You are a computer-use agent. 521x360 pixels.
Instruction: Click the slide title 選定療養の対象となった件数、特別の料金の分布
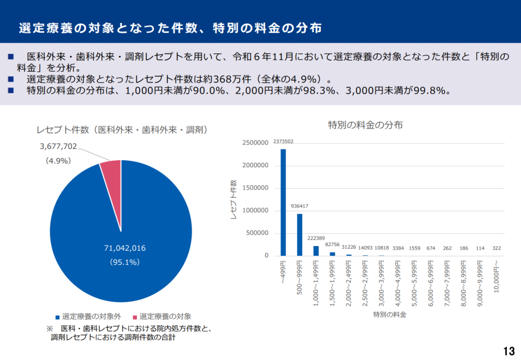pyautogui.click(x=170, y=27)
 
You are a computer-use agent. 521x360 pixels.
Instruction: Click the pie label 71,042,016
pyautogui.click(x=125, y=248)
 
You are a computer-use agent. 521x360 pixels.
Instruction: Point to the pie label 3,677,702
pyautogui.click(x=58, y=146)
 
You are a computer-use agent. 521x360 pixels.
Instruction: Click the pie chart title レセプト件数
pyautogui.click(x=122, y=130)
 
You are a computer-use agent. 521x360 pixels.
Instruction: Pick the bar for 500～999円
pyautogui.click(x=300, y=235)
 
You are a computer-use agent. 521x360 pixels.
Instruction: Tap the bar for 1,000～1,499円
pyautogui.click(x=316, y=251)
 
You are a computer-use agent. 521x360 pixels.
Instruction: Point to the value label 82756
pyautogui.click(x=332, y=245)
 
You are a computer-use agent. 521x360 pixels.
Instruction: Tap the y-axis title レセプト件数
pyautogui.click(x=234, y=199)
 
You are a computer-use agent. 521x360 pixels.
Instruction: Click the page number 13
pyautogui.click(x=508, y=351)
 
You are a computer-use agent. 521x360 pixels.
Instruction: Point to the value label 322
pyautogui.click(x=497, y=248)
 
